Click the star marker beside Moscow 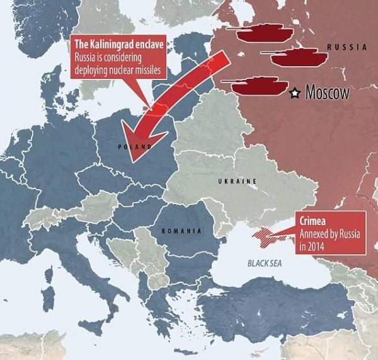click(294, 93)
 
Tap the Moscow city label click(327, 93)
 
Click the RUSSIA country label click(346, 47)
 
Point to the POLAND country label click(135, 146)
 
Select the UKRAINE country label click(237, 181)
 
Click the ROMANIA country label click(181, 231)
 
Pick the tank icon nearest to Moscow click(256, 86)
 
